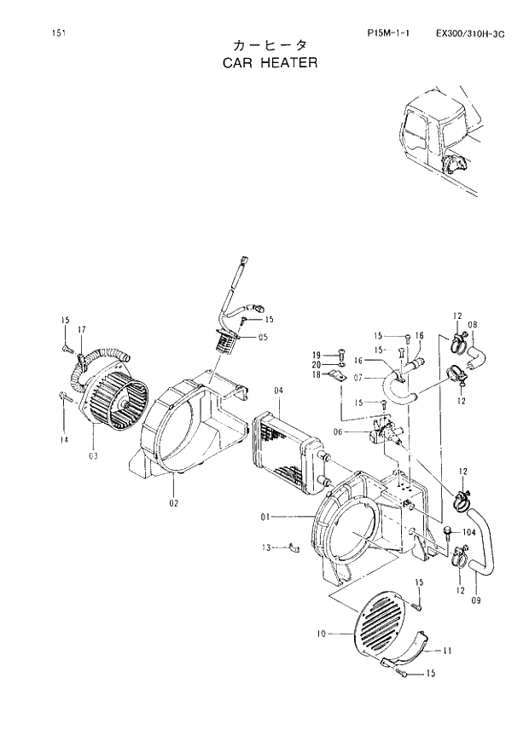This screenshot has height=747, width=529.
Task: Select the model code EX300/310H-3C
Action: pyautogui.click(x=469, y=33)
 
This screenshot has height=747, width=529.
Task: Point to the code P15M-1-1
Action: pyautogui.click(x=388, y=33)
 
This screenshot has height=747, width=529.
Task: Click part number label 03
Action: pyautogui.click(x=92, y=455)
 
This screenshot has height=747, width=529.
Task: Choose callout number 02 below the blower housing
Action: pyautogui.click(x=172, y=504)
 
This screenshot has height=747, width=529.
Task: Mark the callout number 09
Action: pyautogui.click(x=475, y=601)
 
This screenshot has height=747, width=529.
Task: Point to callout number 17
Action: pyautogui.click(x=82, y=329)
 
